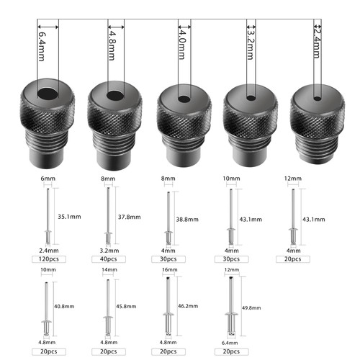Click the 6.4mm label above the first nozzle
click(41, 46)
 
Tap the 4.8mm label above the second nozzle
click(112, 45)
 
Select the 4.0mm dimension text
click(181, 45)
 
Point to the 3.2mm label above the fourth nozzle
click(251, 45)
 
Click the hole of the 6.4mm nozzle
click(48, 94)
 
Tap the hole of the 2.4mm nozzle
click(318, 99)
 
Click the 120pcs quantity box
click(49, 259)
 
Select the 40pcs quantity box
click(109, 259)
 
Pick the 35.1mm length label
click(69, 217)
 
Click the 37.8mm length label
click(130, 217)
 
